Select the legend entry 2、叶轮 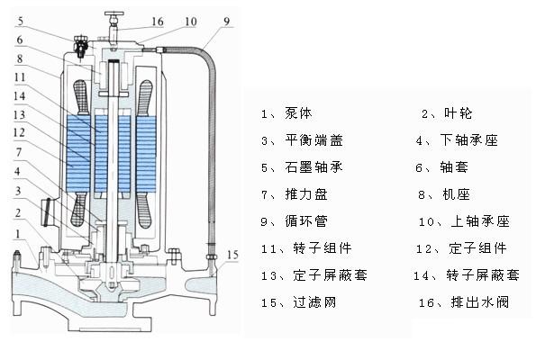446,114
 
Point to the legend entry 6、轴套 446,167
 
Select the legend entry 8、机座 446,194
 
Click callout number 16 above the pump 158,20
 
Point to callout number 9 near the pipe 226,21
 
